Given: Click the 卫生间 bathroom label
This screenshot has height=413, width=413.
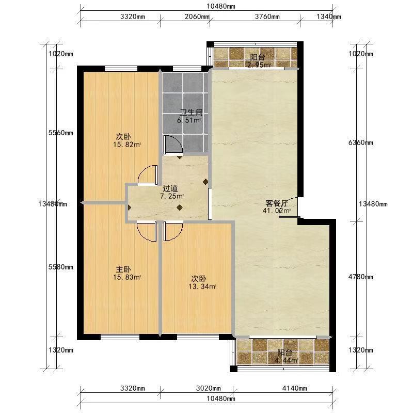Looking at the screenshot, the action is point(191,113).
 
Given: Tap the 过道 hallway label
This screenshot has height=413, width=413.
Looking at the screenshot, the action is point(170,188).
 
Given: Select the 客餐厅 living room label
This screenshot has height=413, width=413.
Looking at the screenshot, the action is point(277,203).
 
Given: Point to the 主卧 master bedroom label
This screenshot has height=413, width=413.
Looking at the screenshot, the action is point(123,269).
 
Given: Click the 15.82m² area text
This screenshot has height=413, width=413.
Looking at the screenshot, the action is point(127,145).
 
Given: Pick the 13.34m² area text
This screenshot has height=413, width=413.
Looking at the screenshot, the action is point(202,287).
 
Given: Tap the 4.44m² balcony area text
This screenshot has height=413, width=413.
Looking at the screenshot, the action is point(286,360).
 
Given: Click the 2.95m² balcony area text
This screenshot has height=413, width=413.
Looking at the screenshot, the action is point(259,65).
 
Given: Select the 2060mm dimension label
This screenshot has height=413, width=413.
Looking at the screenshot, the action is point(197,17).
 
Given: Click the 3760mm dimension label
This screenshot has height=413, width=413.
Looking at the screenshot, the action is point(267,17).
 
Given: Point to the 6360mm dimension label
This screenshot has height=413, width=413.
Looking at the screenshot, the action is point(360,142).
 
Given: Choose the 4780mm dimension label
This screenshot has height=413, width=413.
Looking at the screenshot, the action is point(360,277).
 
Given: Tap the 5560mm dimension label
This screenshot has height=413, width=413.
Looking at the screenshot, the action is point(61,133).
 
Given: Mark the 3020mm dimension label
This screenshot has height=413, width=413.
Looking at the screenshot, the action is point(209,388).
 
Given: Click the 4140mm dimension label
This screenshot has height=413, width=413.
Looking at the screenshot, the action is point(294,388).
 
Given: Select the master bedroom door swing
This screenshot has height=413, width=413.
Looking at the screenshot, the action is point(147,232).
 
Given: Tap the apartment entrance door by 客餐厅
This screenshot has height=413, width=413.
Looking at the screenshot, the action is point(289,208).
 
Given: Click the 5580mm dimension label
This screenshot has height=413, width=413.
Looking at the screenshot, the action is point(61,267).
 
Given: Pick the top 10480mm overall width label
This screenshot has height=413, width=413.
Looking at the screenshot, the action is point(221,6).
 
